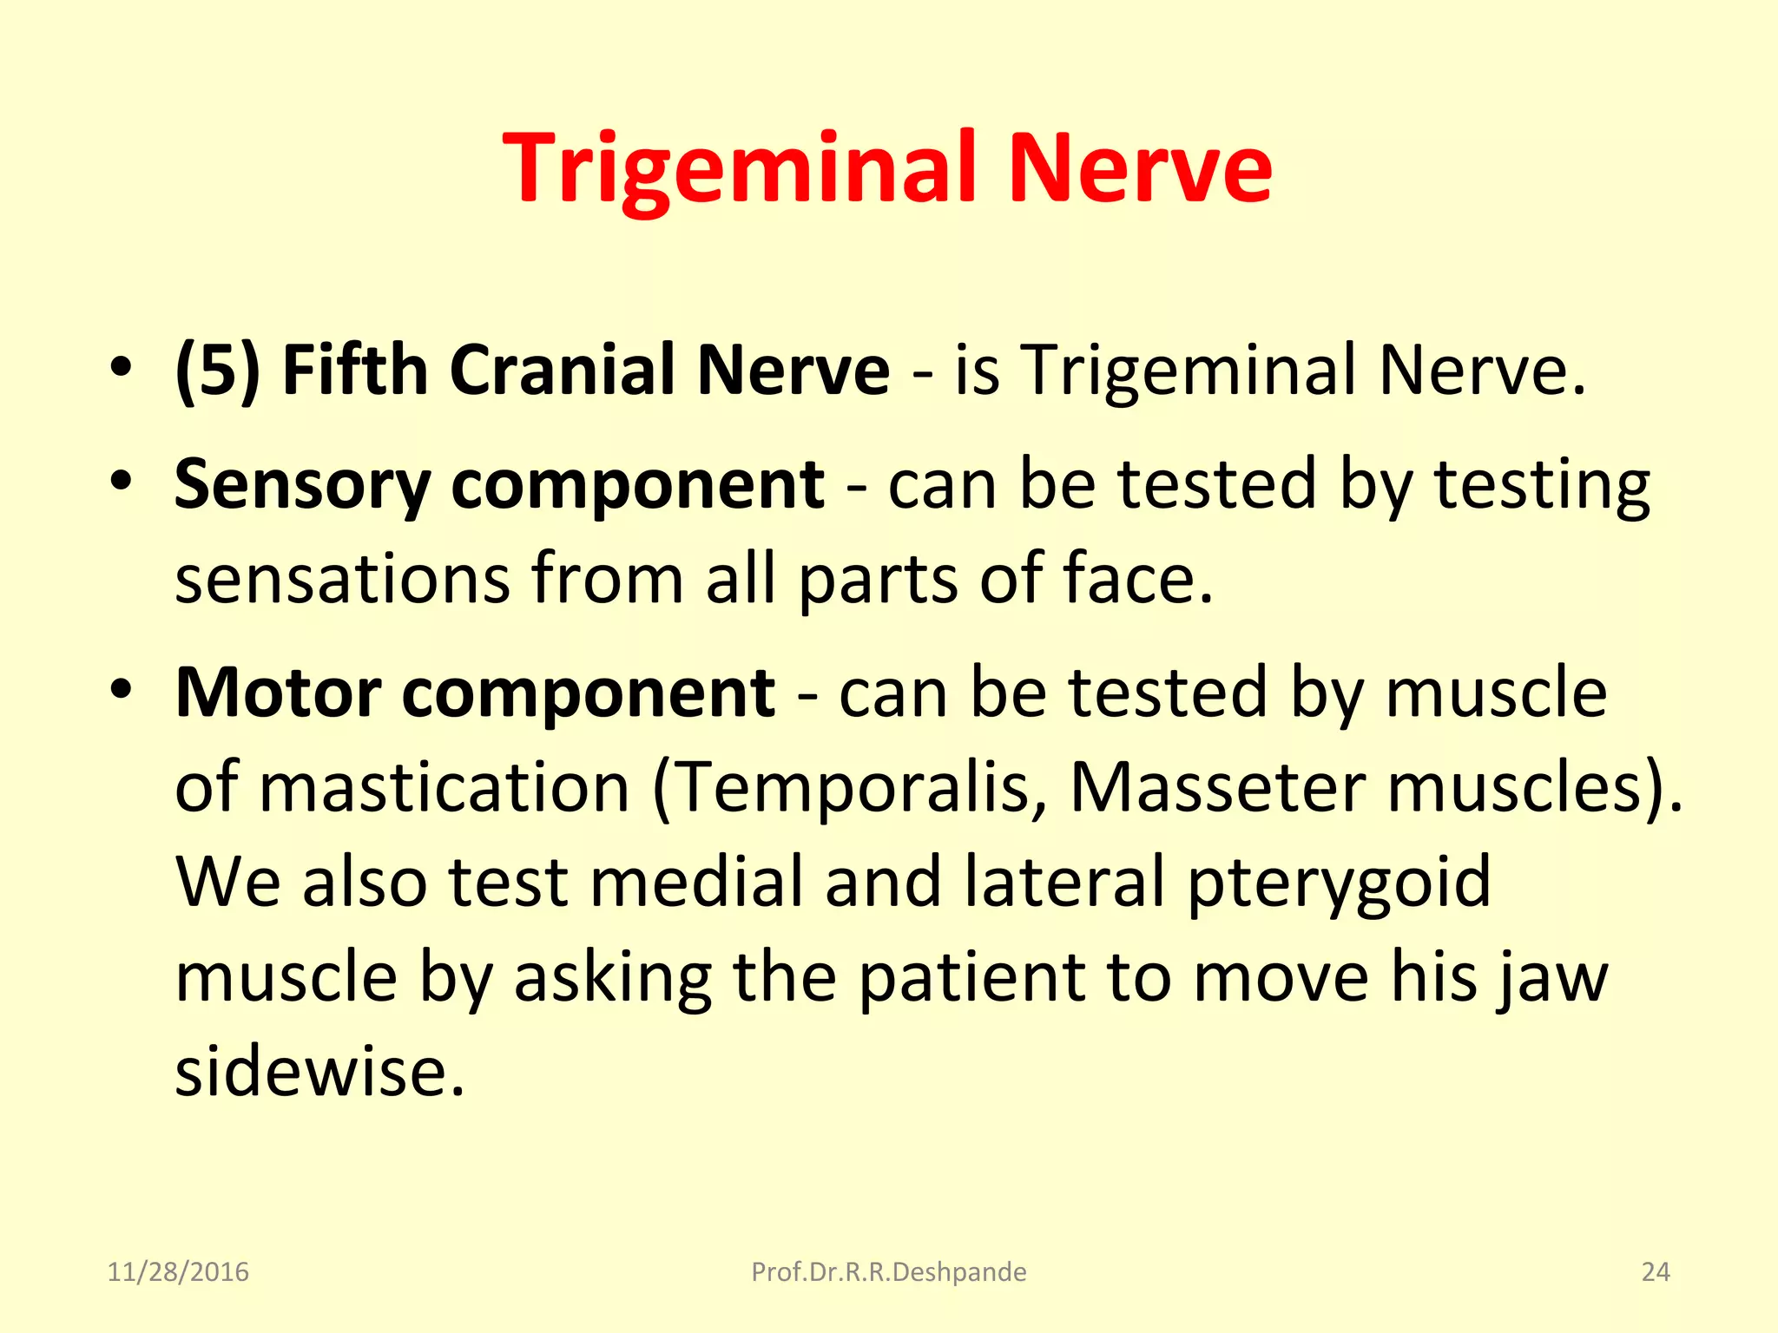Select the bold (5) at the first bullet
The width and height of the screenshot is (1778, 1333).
pyautogui.click(x=218, y=371)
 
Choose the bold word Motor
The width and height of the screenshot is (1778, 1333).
pyautogui.click(x=278, y=693)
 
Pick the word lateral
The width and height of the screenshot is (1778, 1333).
pyautogui.click(x=1064, y=881)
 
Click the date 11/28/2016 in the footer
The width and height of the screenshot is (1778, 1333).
pyautogui.click(x=178, y=1272)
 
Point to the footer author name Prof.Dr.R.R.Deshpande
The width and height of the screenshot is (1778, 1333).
pyautogui.click(x=888, y=1272)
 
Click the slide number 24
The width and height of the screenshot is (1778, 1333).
pyautogui.click(x=1656, y=1272)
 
